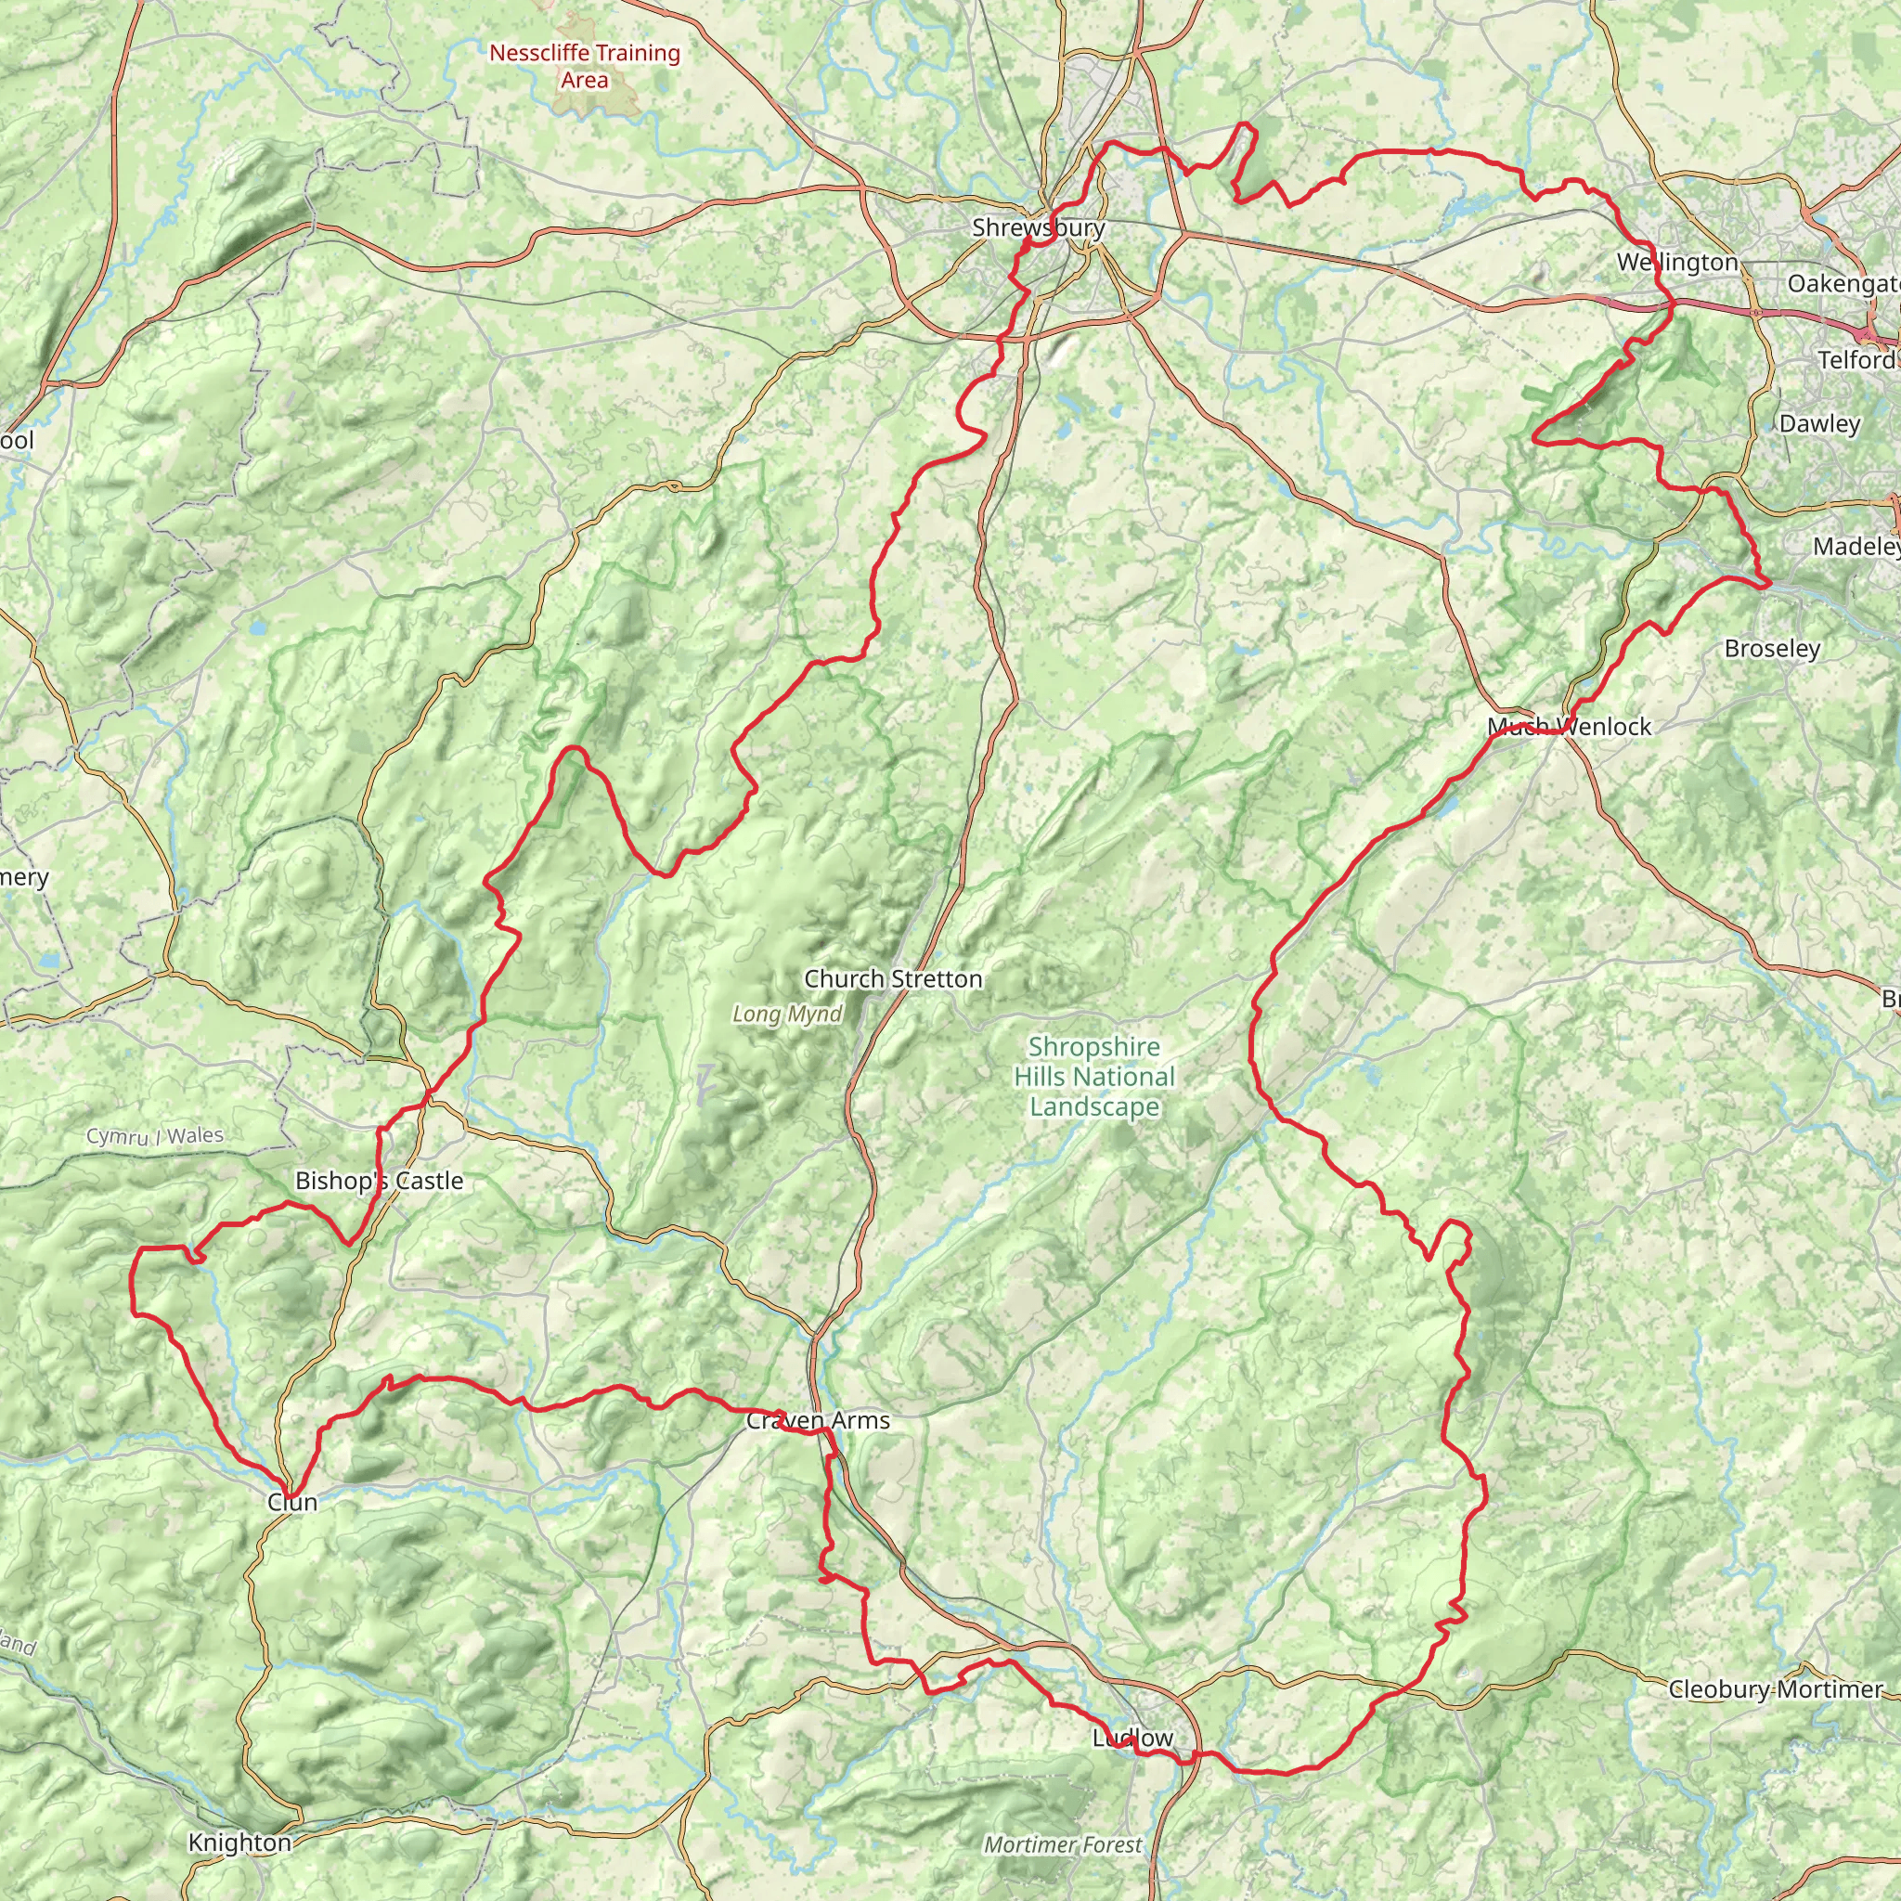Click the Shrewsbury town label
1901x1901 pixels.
click(x=1038, y=227)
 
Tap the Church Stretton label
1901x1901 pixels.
click(x=892, y=979)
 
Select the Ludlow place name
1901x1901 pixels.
click(x=1132, y=1738)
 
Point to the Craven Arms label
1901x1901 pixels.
click(x=818, y=1420)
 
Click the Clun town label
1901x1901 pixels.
click(x=292, y=1502)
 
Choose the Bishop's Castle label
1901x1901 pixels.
click(x=379, y=1181)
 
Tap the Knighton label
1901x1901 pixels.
click(x=240, y=1842)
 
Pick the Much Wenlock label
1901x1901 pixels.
click(x=1570, y=726)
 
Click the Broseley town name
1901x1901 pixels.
click(x=1772, y=649)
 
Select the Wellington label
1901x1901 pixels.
click(x=1677, y=262)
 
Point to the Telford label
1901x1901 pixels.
click(x=1856, y=359)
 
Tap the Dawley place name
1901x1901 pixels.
click(x=1819, y=424)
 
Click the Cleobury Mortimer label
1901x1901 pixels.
click(x=1775, y=1689)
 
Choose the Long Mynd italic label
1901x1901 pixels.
click(x=787, y=1014)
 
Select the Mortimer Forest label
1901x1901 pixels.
click(x=1063, y=1845)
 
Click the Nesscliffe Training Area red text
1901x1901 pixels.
click(x=585, y=66)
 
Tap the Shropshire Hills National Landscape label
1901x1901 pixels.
click(x=1094, y=1077)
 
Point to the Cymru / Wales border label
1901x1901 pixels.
click(x=154, y=1135)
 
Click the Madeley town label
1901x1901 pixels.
click(x=1856, y=546)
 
